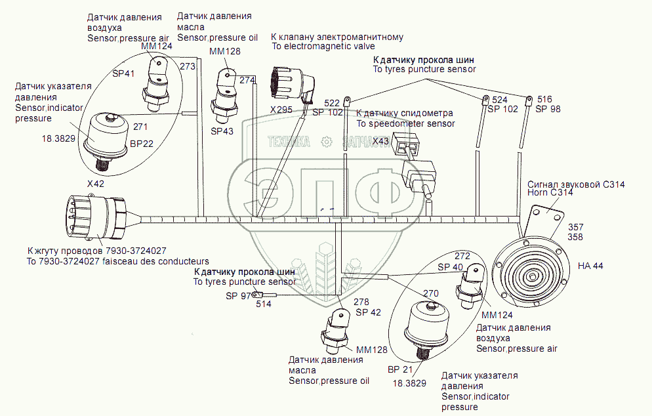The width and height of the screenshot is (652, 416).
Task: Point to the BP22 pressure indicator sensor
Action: coord(105,136)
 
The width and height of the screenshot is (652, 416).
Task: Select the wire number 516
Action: coord(544,98)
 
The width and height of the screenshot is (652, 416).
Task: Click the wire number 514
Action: coord(264,304)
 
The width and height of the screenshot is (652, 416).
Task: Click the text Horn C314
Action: coord(550,193)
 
